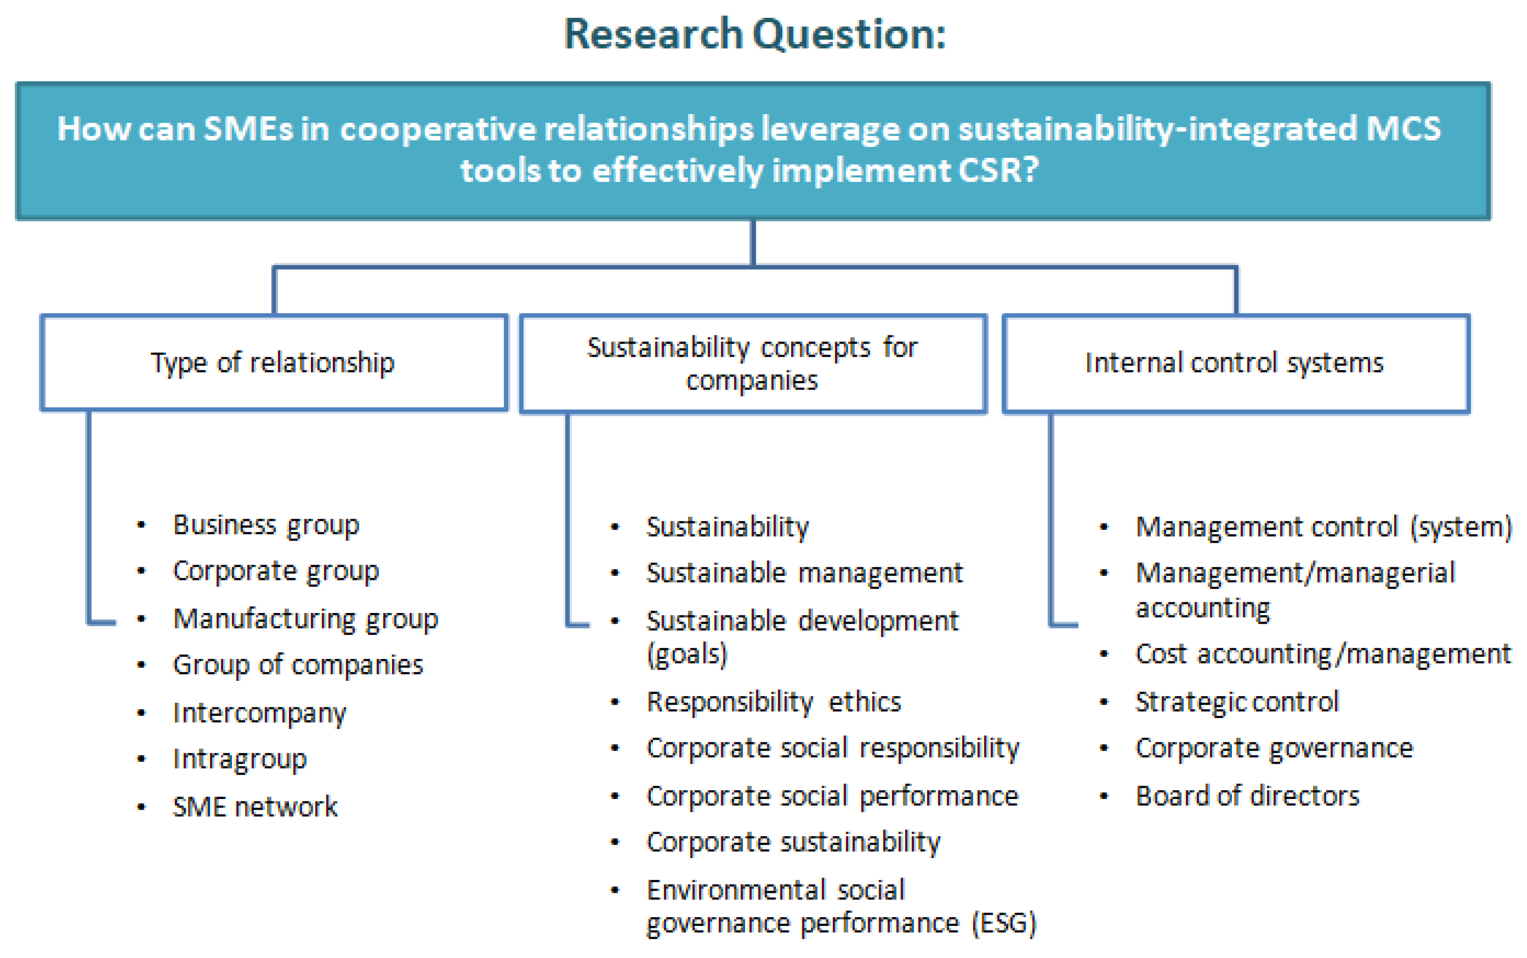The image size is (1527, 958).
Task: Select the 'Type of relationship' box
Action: coord(273,363)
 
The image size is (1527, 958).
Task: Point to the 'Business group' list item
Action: coord(266,525)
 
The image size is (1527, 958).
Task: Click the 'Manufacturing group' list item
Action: coord(305,619)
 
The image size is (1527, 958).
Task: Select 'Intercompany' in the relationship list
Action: coord(260,713)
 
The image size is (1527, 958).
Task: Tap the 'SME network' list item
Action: coord(255,807)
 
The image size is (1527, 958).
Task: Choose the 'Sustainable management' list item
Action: coord(804,573)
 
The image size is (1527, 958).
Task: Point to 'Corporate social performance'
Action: coord(832,796)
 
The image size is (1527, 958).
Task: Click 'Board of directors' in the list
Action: coord(1247,796)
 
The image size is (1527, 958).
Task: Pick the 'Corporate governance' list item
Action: coord(1274,748)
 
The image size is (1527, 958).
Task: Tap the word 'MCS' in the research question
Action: coord(1404,128)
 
